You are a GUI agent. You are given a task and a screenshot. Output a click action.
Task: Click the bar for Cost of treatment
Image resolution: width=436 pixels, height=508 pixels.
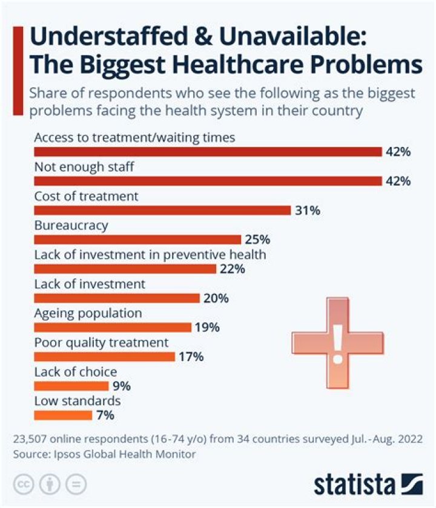[x=162, y=210]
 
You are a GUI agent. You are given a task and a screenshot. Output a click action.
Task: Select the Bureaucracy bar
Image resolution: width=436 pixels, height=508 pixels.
[x=137, y=239]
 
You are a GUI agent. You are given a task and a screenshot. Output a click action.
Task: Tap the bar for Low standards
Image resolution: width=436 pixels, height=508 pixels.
[x=63, y=415]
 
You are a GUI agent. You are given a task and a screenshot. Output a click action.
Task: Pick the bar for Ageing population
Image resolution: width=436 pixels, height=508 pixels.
[x=113, y=327]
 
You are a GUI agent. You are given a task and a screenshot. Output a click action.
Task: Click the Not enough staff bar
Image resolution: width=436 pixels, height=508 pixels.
[x=208, y=181]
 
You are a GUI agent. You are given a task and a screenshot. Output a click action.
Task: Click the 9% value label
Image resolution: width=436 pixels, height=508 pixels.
[x=121, y=386]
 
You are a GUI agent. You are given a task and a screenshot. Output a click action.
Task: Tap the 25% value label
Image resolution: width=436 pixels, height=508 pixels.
[x=257, y=239]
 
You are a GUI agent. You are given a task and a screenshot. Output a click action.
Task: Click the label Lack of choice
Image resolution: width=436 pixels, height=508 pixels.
[x=75, y=372]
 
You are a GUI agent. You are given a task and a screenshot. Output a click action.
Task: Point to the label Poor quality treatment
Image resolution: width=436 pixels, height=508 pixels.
[x=101, y=342]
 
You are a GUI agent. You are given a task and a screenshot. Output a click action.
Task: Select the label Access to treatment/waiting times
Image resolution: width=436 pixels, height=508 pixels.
[x=134, y=137]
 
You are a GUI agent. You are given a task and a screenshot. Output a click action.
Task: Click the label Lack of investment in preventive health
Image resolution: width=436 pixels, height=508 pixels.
[x=150, y=255]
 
